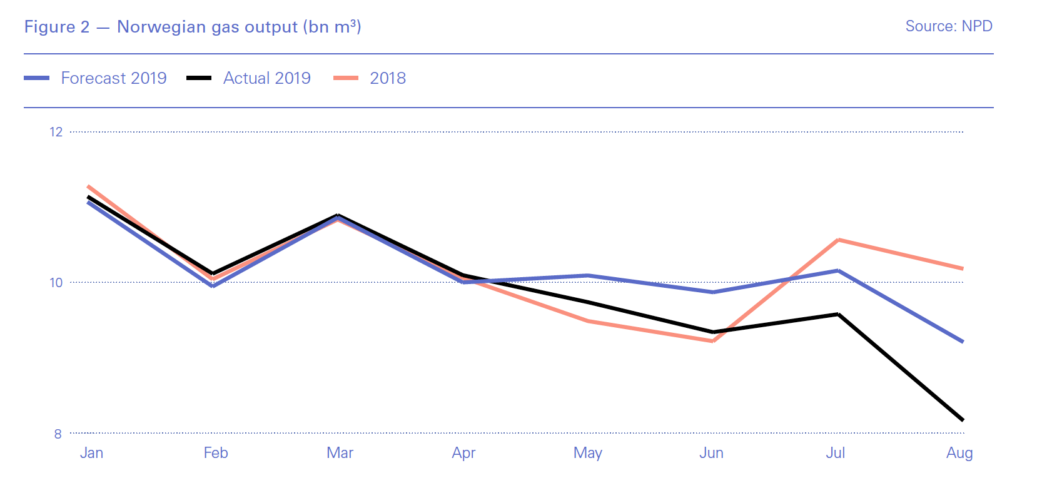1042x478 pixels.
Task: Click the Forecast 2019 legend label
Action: pos(113,78)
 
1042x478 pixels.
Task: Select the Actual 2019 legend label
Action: pos(266,78)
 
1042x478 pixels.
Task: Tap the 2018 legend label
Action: pos(388,78)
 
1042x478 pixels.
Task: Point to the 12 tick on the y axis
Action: pos(56,132)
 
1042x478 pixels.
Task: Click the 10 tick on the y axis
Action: pos(56,283)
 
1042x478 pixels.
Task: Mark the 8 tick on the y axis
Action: pos(58,434)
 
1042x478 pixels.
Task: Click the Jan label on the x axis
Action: pos(91,453)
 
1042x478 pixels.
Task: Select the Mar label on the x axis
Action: pos(340,453)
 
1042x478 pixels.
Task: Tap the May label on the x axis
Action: pos(587,453)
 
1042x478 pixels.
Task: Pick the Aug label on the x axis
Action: pos(959,453)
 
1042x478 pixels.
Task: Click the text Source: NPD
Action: pos(948,26)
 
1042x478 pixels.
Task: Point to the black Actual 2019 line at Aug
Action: pos(962,419)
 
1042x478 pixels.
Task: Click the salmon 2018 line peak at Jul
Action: pos(837,240)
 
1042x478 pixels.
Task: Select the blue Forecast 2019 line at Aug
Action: pos(962,341)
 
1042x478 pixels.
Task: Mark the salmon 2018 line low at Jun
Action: pos(713,341)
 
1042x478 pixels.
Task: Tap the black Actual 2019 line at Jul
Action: pos(837,314)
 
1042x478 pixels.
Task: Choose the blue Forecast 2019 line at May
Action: pos(588,275)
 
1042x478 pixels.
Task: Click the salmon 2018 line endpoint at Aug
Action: pos(962,268)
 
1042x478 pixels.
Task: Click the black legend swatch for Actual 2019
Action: pos(199,78)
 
